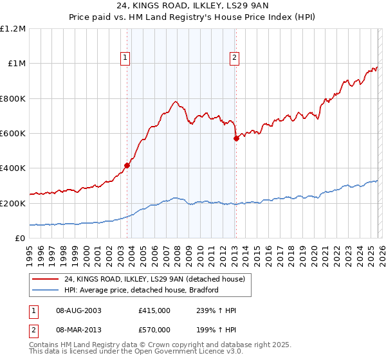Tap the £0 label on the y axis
pyautogui.click(x=19, y=238)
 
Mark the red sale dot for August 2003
pyautogui.click(x=127, y=165)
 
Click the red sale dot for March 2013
pyautogui.click(x=236, y=138)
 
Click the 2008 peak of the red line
pyautogui.click(x=175, y=102)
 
